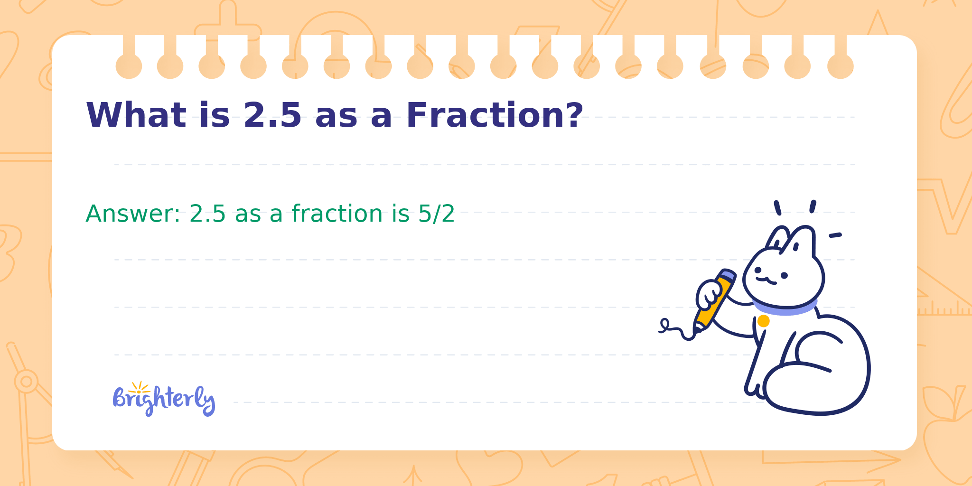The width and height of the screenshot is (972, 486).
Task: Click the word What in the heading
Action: click(136, 115)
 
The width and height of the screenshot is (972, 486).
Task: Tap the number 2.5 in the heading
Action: click(272, 115)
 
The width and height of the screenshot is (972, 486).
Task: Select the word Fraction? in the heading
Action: click(495, 115)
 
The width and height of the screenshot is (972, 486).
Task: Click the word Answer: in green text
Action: click(133, 214)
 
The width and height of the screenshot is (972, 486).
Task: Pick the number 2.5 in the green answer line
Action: click(207, 214)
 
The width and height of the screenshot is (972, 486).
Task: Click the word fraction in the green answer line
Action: click(337, 214)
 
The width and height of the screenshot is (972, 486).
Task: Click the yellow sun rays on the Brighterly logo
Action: click(139, 387)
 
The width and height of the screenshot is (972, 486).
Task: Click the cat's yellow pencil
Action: click(715, 299)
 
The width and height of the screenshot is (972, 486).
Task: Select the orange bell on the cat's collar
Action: click(763, 321)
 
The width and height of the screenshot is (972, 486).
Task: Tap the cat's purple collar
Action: click(785, 307)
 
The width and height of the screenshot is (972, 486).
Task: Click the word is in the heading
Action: click(215, 115)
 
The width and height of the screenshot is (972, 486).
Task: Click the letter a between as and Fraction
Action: click(382, 118)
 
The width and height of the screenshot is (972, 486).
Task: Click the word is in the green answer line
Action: click(401, 214)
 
